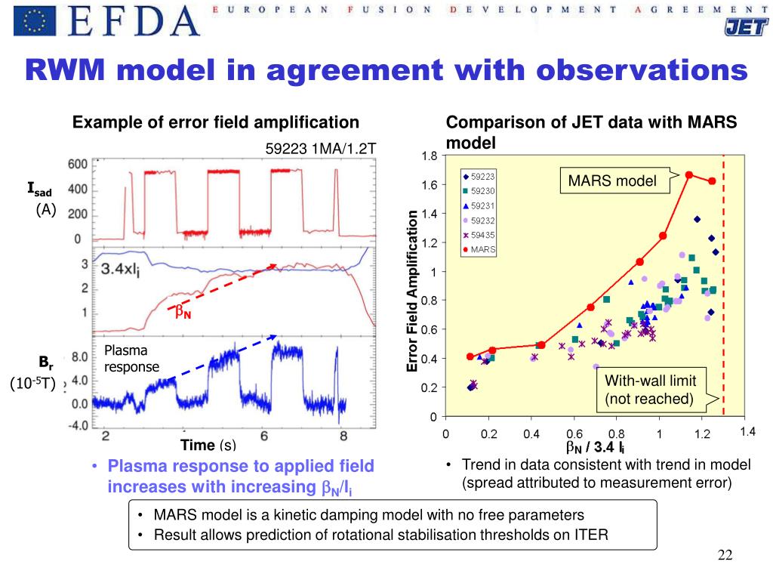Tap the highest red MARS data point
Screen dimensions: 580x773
pos(688,174)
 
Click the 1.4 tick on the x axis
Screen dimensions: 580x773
pos(747,431)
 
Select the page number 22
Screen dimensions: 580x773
pos(725,556)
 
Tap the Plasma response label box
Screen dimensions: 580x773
pos(131,359)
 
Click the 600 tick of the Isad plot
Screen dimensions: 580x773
pos(79,165)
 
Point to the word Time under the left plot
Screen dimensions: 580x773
pos(198,446)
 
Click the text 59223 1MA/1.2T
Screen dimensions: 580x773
pos(320,147)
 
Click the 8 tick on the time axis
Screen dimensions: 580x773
pos(343,437)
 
